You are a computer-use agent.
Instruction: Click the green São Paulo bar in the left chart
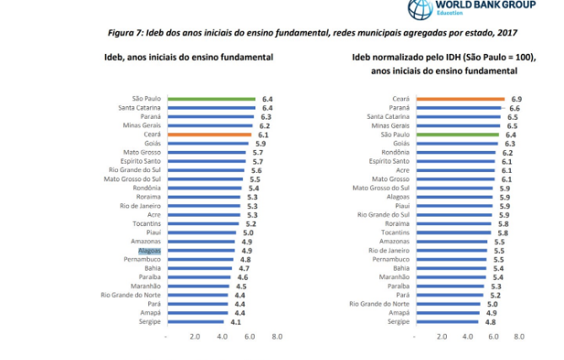211,99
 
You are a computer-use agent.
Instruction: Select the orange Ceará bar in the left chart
209,135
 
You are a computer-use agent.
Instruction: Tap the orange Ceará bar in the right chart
460,99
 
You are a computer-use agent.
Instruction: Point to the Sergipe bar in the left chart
195,321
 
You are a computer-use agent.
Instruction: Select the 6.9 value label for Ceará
517,99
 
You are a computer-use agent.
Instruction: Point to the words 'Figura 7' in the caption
125,32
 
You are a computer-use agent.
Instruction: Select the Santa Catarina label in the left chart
139,108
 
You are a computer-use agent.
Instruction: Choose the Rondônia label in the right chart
395,153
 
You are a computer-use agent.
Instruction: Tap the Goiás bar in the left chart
207,143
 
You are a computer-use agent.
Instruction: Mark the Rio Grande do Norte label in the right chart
379,304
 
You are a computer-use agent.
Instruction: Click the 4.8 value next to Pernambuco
245,259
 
